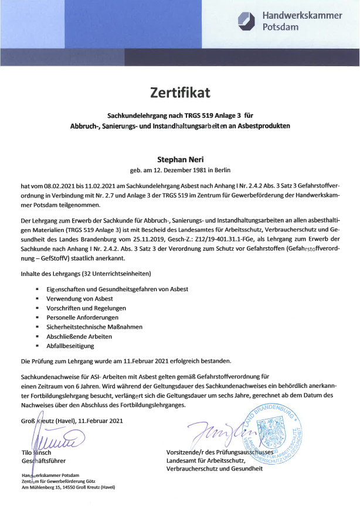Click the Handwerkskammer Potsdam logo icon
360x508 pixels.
tap(247, 20)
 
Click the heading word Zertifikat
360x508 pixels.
tap(179, 92)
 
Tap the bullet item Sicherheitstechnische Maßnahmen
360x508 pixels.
tap(94, 326)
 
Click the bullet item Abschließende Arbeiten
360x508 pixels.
tap(79, 336)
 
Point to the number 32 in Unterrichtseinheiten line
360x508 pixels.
tap(84, 274)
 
